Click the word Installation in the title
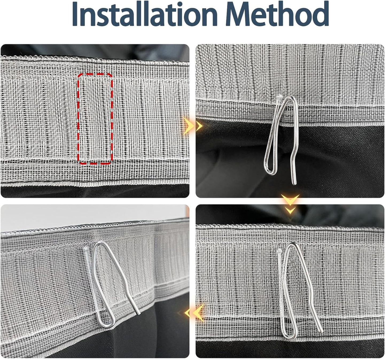tap(145, 14)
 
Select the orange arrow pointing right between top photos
tap(193, 126)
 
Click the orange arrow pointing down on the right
tap(290, 204)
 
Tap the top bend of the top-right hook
tap(291, 97)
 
